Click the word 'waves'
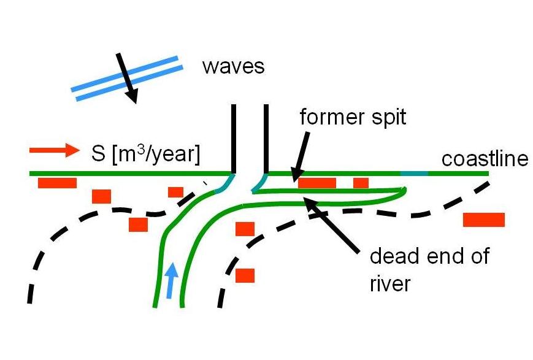click(233, 66)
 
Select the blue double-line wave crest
click(125, 78)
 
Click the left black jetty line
click(232, 138)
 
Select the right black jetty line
click(266, 138)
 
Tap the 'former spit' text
click(353, 117)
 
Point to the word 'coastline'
click(485, 159)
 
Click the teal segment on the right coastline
click(414, 174)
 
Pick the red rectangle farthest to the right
click(484, 220)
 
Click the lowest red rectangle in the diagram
click(245, 275)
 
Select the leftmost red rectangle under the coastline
click(57, 183)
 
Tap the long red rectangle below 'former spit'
click(317, 183)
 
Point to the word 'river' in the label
click(391, 284)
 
